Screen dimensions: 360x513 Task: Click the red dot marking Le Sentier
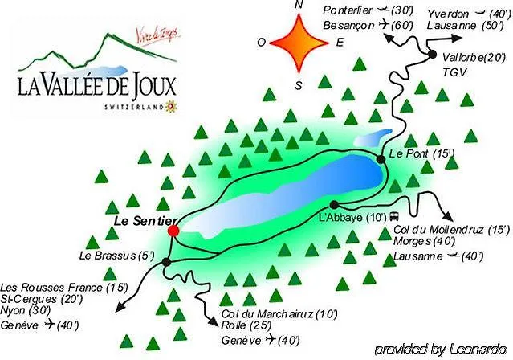tap(173, 231)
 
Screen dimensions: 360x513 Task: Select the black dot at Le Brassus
tap(166, 262)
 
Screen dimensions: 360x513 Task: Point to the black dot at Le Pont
tap(381, 160)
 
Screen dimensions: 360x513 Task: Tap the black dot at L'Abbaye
tap(333, 204)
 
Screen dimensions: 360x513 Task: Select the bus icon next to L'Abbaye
tap(395, 217)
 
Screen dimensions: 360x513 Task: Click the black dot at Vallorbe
tap(432, 55)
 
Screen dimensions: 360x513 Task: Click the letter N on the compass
tap(299, 6)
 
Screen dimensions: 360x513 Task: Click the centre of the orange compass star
tap(299, 43)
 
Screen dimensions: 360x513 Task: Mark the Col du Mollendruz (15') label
tap(452, 230)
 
